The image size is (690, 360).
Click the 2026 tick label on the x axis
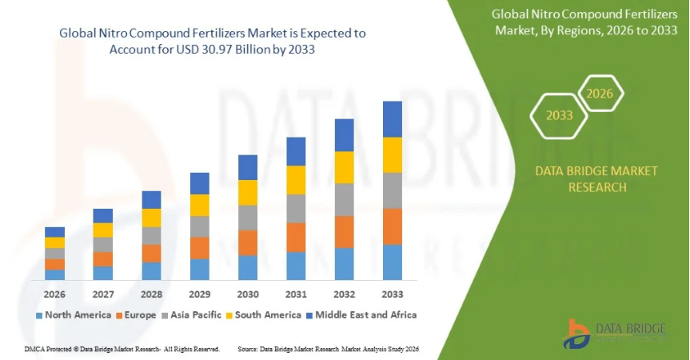point(54,294)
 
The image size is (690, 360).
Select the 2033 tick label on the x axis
point(392,294)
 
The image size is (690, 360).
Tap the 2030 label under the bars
point(248,294)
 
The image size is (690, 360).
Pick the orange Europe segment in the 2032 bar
point(344,232)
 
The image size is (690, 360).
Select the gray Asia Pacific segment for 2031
point(296,208)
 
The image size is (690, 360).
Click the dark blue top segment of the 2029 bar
point(199,183)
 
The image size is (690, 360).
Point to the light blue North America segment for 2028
point(151,271)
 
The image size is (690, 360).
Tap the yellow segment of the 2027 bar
point(103,230)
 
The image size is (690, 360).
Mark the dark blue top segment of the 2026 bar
point(54,232)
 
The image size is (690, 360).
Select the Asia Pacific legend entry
point(192,315)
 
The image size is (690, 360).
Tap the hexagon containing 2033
point(560,115)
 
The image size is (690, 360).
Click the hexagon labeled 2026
point(600,94)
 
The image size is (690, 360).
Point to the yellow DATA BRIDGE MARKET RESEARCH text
point(596,179)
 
